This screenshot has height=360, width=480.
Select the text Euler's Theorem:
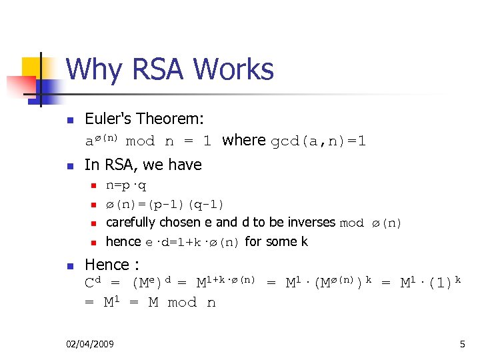pyautogui.click(x=144, y=119)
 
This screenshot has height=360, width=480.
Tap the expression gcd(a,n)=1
pyautogui.click(x=318, y=141)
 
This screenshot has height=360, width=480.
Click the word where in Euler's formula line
pyautogui.click(x=244, y=140)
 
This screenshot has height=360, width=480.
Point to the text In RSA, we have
pyautogui.click(x=143, y=165)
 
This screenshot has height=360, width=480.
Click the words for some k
pyautogui.click(x=277, y=241)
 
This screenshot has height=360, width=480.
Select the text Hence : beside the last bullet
pyautogui.click(x=112, y=265)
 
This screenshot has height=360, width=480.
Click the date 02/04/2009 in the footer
pyautogui.click(x=90, y=344)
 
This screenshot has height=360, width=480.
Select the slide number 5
pyautogui.click(x=462, y=344)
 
